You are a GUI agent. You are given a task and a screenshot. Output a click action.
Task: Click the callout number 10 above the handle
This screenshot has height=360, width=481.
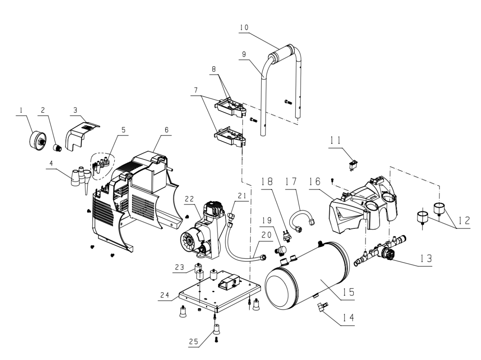(x=244, y=27)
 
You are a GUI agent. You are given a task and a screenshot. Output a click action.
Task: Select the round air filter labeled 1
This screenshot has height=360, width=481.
(x=38, y=141)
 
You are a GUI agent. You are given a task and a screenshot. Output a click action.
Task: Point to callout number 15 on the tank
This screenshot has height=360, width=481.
(x=348, y=292)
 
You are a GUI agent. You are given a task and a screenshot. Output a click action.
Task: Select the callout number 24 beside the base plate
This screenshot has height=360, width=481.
(x=165, y=295)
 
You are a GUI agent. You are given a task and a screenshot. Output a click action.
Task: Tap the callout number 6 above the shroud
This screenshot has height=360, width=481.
(x=166, y=130)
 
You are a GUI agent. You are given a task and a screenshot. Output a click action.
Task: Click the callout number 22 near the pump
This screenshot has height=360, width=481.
(x=189, y=199)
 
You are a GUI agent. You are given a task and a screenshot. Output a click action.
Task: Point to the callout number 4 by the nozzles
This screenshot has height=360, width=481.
(x=51, y=163)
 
